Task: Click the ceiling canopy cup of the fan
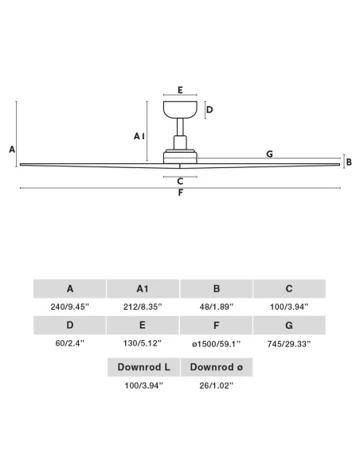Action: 180,109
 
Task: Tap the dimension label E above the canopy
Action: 180,90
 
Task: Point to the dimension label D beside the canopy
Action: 209,110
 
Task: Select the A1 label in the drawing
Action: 139,136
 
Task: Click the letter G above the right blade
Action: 269,154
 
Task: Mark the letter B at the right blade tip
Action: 349,162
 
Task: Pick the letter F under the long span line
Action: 180,193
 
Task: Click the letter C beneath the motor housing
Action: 180,182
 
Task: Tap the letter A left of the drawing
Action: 12,149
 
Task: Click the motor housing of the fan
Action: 180,156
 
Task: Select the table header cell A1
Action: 143,288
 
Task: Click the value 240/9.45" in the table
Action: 69,307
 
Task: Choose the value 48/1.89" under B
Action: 217,307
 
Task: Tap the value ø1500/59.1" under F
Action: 216,344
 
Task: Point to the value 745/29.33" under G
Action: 289,344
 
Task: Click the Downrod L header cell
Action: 143,367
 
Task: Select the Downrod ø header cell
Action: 217,367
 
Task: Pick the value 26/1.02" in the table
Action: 217,385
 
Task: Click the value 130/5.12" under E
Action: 143,343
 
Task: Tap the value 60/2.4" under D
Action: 69,343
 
